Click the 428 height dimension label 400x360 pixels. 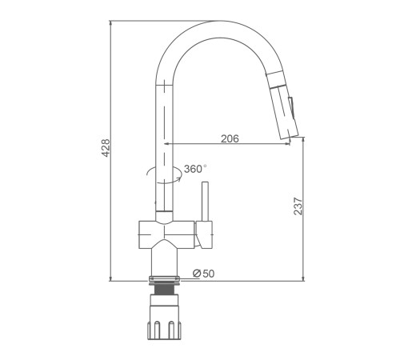coord(106,148)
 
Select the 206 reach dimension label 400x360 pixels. coord(230,138)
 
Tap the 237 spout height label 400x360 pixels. coord(298,206)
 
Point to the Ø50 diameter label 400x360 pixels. coord(203,274)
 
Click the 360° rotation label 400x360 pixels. coord(195,169)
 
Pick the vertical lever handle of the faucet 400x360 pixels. coord(205,202)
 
